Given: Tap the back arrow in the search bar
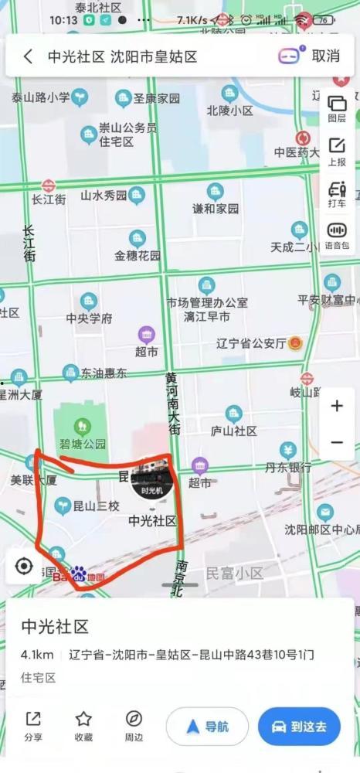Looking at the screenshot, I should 28,56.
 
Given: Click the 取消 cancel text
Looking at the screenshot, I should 325,56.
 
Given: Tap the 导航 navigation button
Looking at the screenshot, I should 207,727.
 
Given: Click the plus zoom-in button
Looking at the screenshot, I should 337,406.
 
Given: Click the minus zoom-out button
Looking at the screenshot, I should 337,442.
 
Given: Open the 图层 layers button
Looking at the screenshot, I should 337,109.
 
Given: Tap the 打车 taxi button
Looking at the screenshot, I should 337,194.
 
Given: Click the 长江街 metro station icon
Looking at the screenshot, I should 49,186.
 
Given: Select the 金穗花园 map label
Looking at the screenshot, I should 138,255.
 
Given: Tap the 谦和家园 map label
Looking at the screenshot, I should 216,209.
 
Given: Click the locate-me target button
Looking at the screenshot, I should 24,567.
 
